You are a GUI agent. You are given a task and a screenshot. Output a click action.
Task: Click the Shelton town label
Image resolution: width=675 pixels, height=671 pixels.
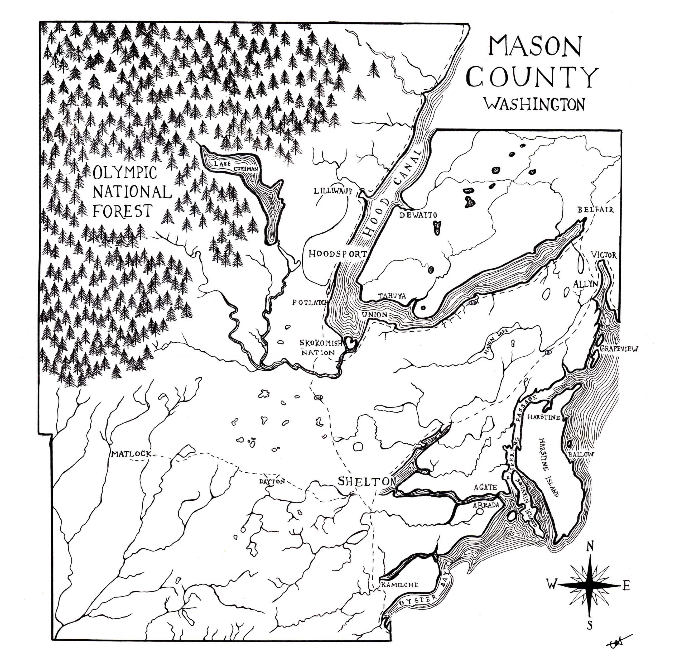coord(367,482)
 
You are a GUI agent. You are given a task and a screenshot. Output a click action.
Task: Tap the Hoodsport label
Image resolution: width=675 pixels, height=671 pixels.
coord(337,254)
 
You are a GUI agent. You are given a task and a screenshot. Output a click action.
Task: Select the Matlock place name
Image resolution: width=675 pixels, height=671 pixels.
coord(131,454)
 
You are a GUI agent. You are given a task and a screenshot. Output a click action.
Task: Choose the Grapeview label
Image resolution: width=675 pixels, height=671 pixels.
coord(619,348)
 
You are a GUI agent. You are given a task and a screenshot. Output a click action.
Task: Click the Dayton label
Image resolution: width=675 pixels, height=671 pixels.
coord(272,481)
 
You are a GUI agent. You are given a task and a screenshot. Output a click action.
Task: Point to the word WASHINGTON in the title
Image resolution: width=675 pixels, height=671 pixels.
coord(534,104)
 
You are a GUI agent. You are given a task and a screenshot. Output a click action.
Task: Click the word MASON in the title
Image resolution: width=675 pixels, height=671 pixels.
coord(535,46)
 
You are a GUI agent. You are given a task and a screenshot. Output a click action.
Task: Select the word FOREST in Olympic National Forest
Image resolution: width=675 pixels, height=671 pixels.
coord(123,211)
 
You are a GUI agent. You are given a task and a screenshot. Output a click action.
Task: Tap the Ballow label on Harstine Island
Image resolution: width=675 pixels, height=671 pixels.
coord(581,454)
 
